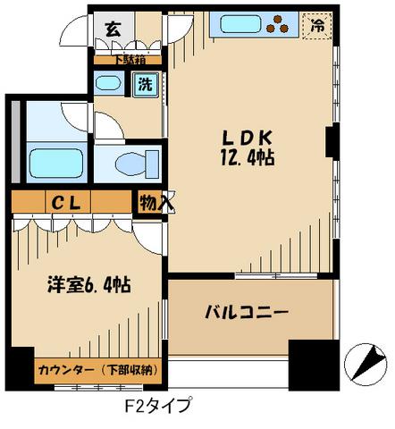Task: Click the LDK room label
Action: click(248, 138)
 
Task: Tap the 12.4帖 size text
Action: click(248, 157)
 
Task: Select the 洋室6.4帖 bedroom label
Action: click(89, 285)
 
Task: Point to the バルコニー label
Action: click(247, 313)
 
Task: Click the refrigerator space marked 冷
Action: click(317, 26)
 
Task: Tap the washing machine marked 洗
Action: click(146, 84)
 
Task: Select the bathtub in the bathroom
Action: click(56, 164)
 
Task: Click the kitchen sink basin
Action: click(240, 24)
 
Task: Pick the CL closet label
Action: click(66, 203)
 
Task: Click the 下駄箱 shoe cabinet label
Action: click(130, 60)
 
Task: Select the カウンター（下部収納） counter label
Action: click(97, 370)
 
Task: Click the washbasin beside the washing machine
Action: click(108, 83)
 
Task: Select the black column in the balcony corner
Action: click(314, 365)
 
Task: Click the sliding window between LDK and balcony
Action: click(276, 276)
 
